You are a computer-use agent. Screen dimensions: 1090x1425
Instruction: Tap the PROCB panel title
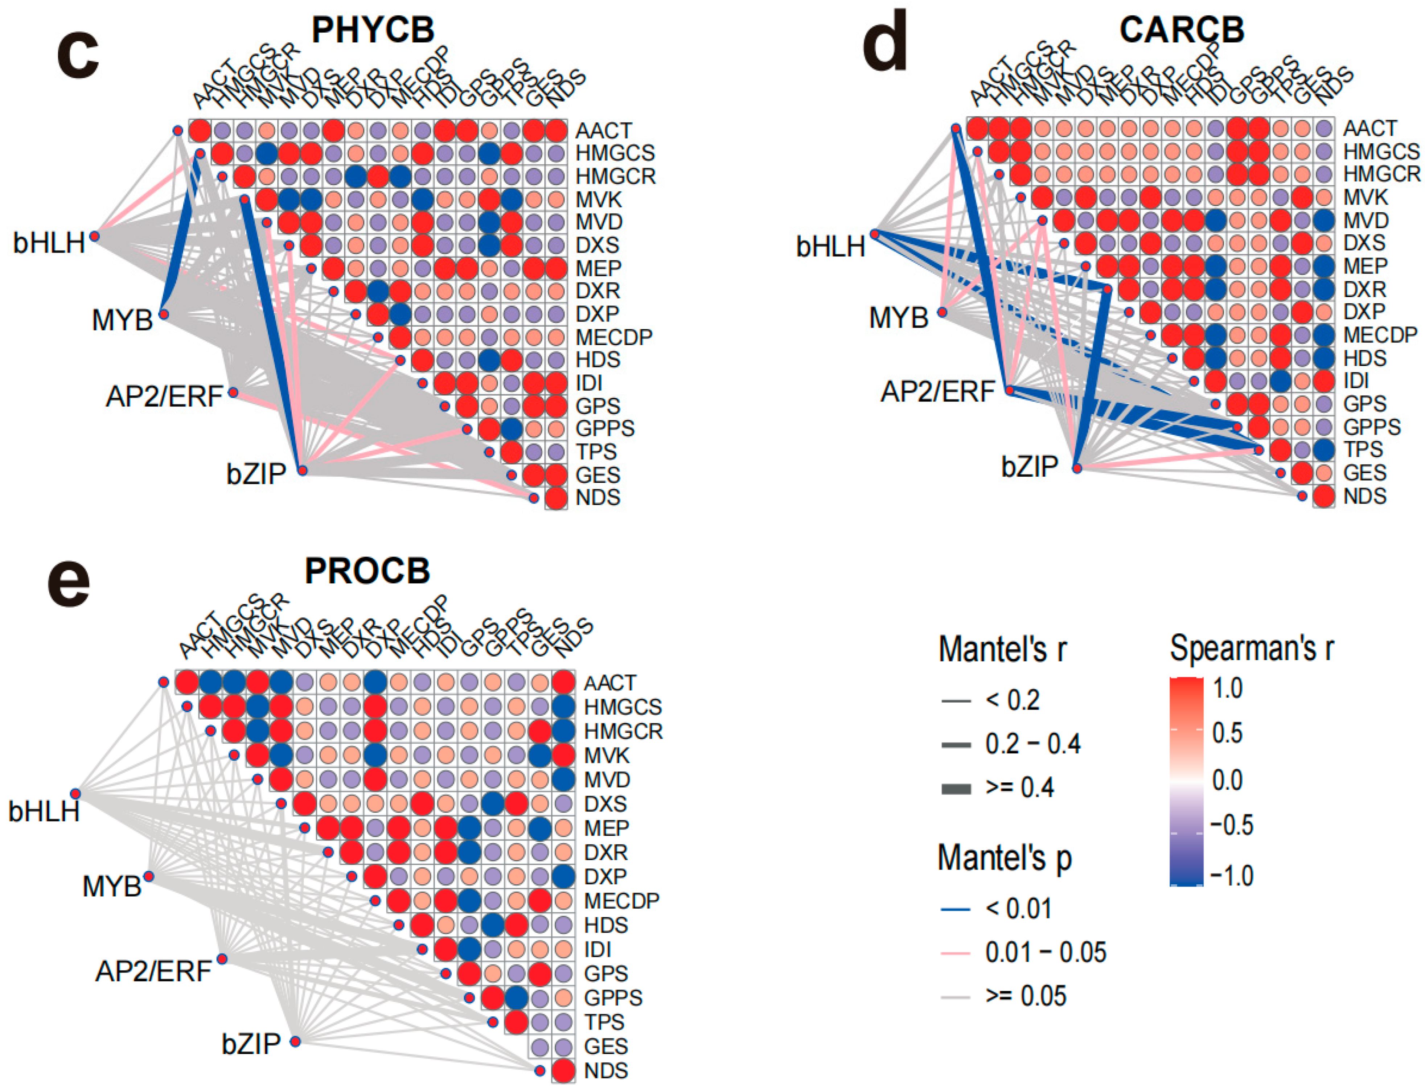tap(367, 571)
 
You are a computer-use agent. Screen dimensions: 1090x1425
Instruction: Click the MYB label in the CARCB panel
tap(898, 318)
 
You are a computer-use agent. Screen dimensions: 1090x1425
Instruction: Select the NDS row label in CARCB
tap(1365, 496)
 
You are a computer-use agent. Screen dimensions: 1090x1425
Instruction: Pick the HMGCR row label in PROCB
tap(623, 731)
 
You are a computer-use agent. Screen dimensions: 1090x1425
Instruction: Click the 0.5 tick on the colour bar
tap(1227, 733)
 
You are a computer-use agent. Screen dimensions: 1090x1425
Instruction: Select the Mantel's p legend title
tap(1005, 858)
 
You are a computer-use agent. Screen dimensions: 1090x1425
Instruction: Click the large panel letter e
tap(69, 584)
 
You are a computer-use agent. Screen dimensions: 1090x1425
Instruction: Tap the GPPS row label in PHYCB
tap(605, 429)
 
